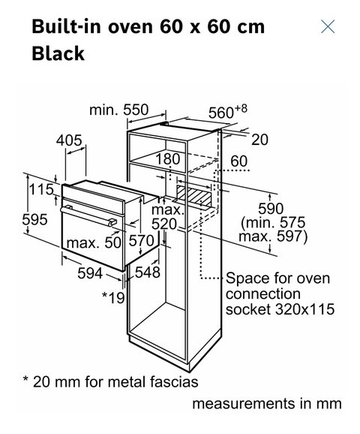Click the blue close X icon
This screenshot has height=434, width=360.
tap(328, 26)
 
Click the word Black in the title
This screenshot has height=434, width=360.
tap(58, 53)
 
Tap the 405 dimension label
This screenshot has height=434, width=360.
tap(69, 140)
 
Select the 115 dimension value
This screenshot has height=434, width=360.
tap(41, 190)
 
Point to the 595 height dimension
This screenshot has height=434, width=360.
tap(34, 220)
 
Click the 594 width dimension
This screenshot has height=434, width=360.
tap(90, 273)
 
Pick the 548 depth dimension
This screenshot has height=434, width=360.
tap(147, 273)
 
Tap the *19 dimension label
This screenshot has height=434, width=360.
tap(113, 297)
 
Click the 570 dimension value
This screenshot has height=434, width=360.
tap(142, 241)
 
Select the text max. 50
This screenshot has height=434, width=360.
tap(94, 243)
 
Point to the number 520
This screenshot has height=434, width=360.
tap(164, 225)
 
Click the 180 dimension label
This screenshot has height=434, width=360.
tap(168, 159)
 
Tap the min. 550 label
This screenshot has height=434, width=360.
tap(119, 110)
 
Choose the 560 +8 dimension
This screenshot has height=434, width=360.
tap(227, 112)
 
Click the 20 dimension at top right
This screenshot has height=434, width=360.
tap(259, 140)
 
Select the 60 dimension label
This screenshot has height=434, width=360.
tap(239, 161)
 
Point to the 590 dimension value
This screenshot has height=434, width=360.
tap(271, 209)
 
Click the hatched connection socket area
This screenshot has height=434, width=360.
tap(193, 196)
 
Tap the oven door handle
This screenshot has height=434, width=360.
tap(88, 215)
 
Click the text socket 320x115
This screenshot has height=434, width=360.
tap(280, 309)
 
